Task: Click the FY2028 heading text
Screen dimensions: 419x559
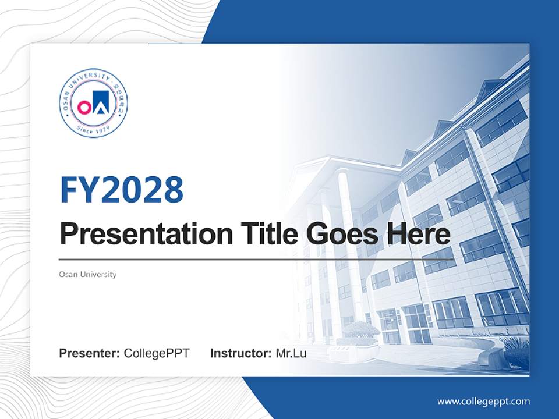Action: click(x=122, y=190)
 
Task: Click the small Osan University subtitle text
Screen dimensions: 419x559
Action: click(x=88, y=274)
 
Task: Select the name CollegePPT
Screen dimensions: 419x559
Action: click(x=157, y=353)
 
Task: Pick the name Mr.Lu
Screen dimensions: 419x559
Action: click(x=291, y=353)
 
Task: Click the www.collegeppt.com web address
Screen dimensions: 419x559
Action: click(x=483, y=401)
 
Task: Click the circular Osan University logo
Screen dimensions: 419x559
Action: click(x=93, y=102)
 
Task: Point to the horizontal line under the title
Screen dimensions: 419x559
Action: click(x=256, y=259)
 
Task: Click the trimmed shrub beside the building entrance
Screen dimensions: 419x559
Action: click(x=361, y=330)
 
